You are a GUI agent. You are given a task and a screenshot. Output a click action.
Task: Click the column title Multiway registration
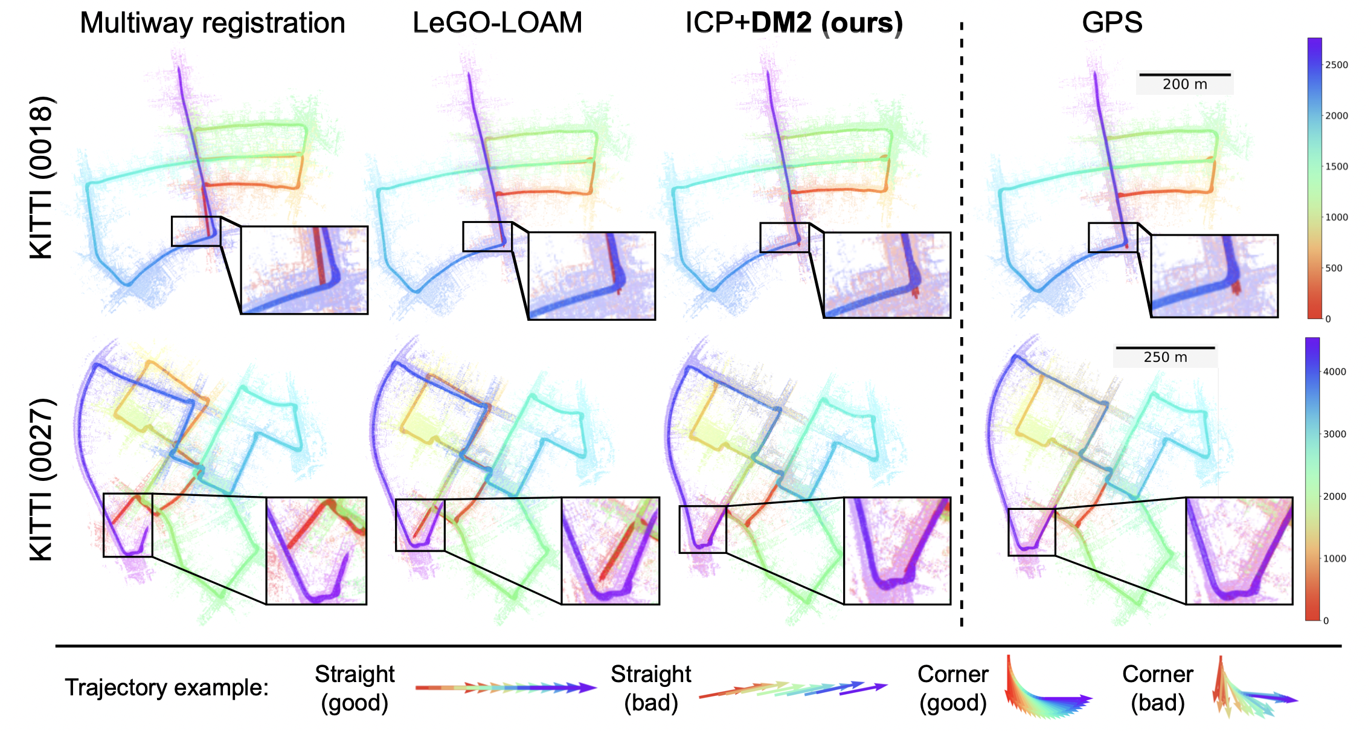tap(212, 24)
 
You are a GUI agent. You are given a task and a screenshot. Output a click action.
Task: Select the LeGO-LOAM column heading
tap(497, 23)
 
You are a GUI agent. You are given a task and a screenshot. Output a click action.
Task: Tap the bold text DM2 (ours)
tap(827, 23)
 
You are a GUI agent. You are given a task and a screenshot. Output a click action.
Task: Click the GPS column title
tap(1112, 23)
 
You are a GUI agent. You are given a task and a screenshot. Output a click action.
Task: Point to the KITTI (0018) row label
tap(42, 177)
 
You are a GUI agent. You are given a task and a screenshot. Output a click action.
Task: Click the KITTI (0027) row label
tap(42, 479)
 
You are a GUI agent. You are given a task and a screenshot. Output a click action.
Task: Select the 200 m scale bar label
tap(1184, 85)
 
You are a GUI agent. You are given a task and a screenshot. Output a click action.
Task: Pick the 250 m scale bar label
tap(1165, 358)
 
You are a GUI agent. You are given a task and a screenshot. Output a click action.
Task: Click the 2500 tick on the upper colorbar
tap(1336, 65)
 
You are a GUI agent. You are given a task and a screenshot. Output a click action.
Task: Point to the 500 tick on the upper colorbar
tap(1333, 268)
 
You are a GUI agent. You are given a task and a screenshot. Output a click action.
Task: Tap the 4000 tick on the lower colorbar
tap(1334, 372)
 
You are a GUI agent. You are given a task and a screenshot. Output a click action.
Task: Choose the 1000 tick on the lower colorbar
tap(1334, 559)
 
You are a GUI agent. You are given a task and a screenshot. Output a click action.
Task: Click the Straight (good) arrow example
tap(506, 688)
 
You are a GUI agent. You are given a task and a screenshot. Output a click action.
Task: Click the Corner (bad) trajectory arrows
tap(1250, 692)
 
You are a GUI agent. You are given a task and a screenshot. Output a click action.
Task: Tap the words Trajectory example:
tap(167, 688)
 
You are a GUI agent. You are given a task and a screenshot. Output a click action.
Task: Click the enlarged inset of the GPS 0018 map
tap(1214, 275)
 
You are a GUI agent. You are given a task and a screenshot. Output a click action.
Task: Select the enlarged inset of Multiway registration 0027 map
tap(316, 550)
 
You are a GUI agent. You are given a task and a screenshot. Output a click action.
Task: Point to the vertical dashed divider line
tap(962, 326)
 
